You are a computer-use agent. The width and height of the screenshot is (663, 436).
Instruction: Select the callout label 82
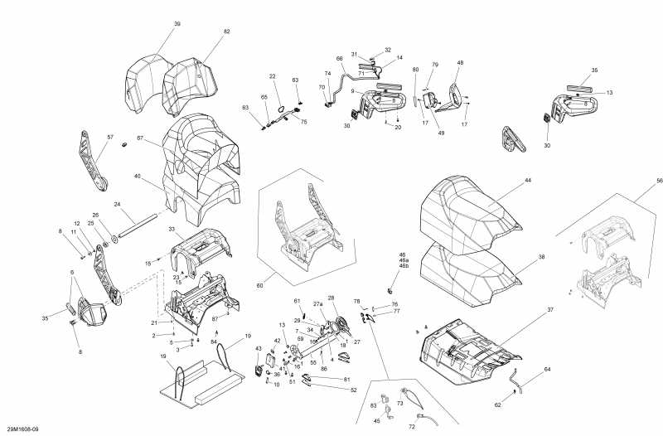(226, 31)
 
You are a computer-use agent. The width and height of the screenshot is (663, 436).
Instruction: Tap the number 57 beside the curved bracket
(110, 137)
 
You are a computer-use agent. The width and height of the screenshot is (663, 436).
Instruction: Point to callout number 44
(527, 181)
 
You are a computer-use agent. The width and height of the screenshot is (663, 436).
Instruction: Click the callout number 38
(541, 257)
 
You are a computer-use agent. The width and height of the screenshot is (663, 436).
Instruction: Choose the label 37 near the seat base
(549, 309)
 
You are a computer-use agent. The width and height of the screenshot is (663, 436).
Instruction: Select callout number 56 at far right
(660, 181)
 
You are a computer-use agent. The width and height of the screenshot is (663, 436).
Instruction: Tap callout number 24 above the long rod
(118, 205)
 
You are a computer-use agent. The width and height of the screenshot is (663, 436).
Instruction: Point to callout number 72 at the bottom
(412, 426)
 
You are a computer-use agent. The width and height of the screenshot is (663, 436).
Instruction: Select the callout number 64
(547, 369)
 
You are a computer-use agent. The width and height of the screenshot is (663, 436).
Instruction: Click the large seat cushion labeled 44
(464, 207)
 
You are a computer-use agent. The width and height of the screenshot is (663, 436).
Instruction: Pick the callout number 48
(460, 63)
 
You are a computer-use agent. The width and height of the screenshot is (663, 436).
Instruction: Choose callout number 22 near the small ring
(272, 76)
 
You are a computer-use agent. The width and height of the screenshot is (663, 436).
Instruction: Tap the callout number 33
(172, 229)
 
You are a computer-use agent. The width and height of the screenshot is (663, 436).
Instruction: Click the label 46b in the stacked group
(404, 266)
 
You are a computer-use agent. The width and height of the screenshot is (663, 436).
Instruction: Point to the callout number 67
(140, 138)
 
